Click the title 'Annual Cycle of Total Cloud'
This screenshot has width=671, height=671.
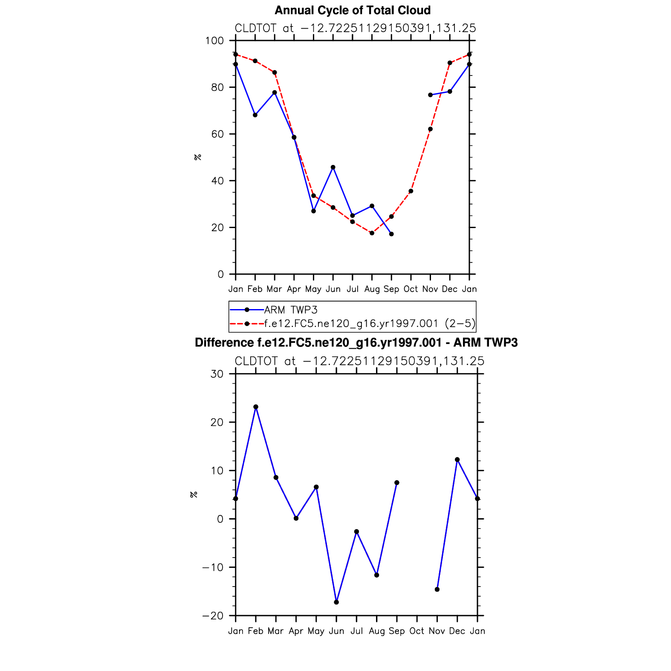point(353,10)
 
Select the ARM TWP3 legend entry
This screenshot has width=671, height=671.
point(291,310)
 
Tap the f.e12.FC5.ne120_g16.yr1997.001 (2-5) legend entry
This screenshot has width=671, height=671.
point(369,324)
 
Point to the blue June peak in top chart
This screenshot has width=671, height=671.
point(333,168)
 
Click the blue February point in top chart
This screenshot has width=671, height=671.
point(255,115)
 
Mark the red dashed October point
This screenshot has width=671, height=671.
point(411,191)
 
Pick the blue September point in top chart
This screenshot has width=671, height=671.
point(391,234)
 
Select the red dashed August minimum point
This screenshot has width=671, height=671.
point(372,233)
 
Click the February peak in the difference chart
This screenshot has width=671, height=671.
point(256,407)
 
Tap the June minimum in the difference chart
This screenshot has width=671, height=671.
point(336,602)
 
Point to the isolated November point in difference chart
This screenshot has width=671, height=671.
point(437,590)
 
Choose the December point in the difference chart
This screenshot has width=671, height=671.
point(457,460)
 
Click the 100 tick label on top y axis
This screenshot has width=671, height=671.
point(214,41)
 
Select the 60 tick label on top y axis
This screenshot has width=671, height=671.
point(217,134)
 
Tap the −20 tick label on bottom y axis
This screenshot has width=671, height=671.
point(212,616)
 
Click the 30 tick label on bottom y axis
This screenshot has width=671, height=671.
point(217,374)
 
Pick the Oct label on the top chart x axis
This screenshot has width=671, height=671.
point(411,289)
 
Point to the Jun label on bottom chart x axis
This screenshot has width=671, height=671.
point(336,631)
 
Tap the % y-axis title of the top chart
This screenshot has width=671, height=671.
point(197,157)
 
